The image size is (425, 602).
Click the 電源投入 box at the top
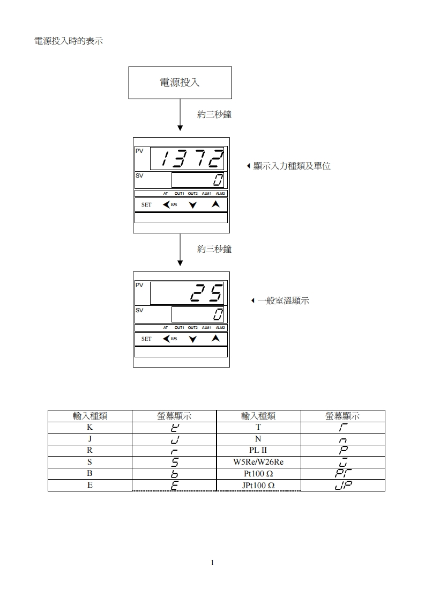point(180,83)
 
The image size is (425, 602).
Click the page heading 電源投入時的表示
point(68,41)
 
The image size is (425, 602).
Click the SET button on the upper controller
point(146,205)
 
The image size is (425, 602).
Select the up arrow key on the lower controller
point(215,339)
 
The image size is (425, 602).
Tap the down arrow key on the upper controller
point(193,205)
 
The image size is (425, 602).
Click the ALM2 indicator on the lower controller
point(221,327)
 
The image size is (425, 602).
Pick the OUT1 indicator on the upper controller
point(179,193)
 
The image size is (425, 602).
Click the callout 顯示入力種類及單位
point(292,166)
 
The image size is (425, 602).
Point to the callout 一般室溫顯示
point(283,301)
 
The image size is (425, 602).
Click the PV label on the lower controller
point(139,285)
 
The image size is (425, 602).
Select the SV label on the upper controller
point(139,175)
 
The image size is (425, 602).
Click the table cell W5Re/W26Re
point(258,462)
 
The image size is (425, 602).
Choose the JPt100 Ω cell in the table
point(258,485)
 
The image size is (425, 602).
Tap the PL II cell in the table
point(258,451)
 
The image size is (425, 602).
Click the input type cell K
point(90,428)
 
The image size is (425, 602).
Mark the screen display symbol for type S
point(174,462)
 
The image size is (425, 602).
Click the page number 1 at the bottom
point(213,563)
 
